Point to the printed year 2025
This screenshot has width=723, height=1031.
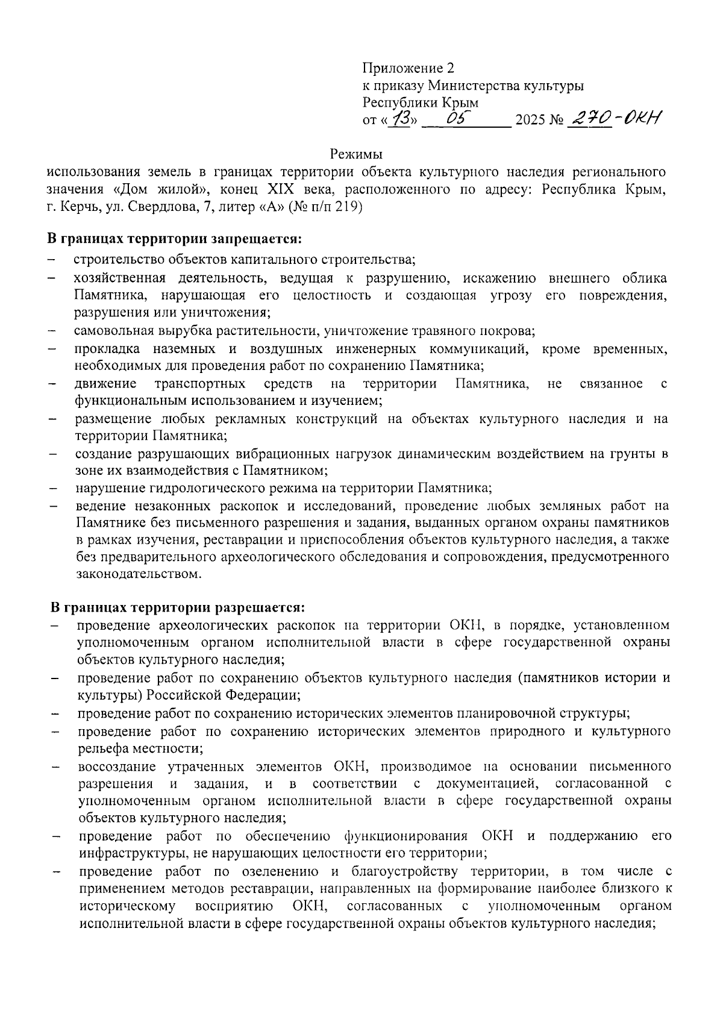[x=530, y=121]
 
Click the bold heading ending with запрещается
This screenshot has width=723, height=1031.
[x=175, y=239]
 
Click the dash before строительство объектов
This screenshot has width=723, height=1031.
[x=52, y=260]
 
